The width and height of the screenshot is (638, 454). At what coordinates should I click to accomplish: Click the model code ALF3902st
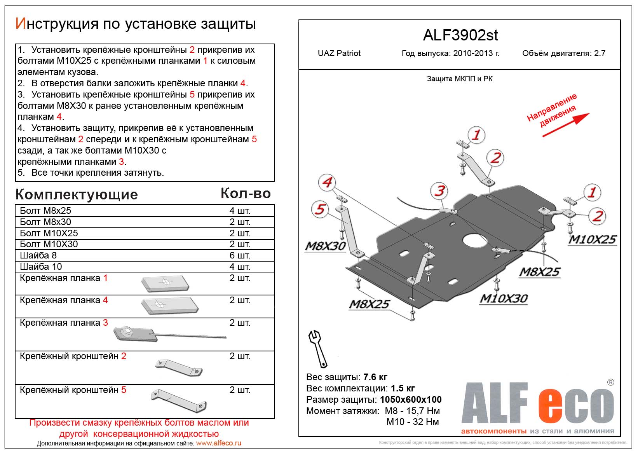[x=460, y=35]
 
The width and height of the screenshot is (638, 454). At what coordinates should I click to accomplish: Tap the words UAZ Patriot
[x=339, y=53]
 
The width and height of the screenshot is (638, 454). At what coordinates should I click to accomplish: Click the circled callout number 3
[x=439, y=191]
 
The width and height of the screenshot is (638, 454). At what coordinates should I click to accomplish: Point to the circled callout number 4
[x=327, y=182]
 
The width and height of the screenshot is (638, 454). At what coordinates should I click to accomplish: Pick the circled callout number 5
[x=320, y=209]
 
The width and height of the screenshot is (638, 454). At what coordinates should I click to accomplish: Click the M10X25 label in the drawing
[x=592, y=239]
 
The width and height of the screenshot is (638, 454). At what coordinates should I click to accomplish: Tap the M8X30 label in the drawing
[x=325, y=246]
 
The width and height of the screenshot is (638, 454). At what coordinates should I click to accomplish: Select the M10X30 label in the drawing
[x=504, y=299]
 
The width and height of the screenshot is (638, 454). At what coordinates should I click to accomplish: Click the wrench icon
[x=317, y=349]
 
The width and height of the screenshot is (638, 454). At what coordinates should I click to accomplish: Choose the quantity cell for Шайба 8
[x=240, y=255]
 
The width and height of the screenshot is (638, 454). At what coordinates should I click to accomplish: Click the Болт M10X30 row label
[x=49, y=244]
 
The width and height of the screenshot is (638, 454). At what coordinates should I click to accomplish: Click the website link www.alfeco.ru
[x=218, y=443]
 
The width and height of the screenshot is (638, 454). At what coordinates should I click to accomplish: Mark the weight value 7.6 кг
[x=375, y=377]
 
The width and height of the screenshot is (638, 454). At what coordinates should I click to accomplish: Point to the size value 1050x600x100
[x=411, y=400]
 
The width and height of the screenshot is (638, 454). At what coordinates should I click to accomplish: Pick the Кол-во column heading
[x=246, y=193]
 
